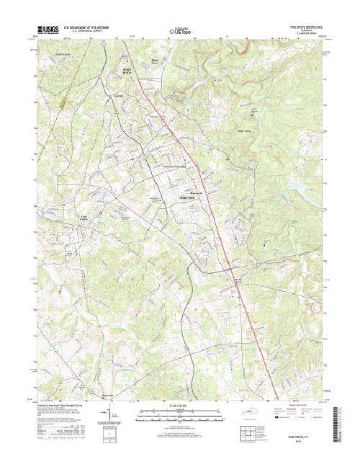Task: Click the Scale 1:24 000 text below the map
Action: pos(179,407)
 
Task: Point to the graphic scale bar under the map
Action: pos(179,414)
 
